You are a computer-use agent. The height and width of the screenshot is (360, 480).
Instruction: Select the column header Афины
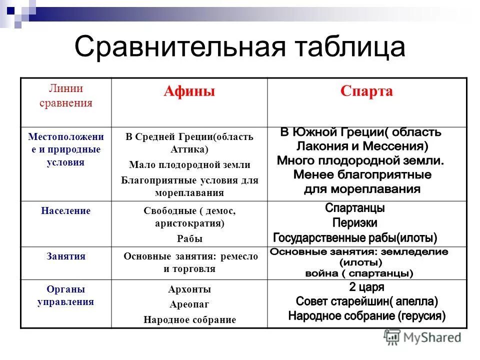pyautogui.click(x=189, y=91)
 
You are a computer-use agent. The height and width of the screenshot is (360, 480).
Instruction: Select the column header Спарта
pyautogui.click(x=366, y=91)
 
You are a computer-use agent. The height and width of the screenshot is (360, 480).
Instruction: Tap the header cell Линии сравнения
pyautogui.click(x=66, y=96)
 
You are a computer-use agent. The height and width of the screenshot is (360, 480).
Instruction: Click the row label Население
pyautogui.click(x=66, y=211)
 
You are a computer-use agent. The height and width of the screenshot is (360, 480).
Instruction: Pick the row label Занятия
pyautogui.click(x=66, y=256)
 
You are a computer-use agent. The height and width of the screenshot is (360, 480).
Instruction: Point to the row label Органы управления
pyautogui.click(x=66, y=295)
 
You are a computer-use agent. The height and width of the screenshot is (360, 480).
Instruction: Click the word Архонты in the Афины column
pyautogui.click(x=189, y=289)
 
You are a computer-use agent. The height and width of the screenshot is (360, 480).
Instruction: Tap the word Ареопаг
pyautogui.click(x=189, y=304)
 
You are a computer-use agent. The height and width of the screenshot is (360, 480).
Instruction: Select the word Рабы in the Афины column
pyautogui.click(x=189, y=239)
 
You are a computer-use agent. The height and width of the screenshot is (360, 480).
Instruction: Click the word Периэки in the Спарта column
pyautogui.click(x=355, y=223)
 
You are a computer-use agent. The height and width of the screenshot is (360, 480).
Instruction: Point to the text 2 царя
pyautogui.click(x=366, y=287)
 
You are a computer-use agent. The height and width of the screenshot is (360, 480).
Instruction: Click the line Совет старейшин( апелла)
pyautogui.click(x=366, y=301)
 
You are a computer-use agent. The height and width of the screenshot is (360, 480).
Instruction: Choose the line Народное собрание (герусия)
pyautogui.click(x=366, y=316)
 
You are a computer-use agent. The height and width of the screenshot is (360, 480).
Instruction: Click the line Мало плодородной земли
pyautogui.click(x=189, y=164)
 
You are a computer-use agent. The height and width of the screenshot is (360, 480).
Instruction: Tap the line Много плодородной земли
pyautogui.click(x=360, y=160)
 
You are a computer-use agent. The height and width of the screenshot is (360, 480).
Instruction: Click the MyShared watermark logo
pyautogui.click(x=422, y=337)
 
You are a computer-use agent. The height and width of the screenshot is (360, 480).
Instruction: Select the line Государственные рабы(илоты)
pyautogui.click(x=355, y=237)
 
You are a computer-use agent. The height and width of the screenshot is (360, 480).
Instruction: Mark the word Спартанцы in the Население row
pyautogui.click(x=355, y=208)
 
